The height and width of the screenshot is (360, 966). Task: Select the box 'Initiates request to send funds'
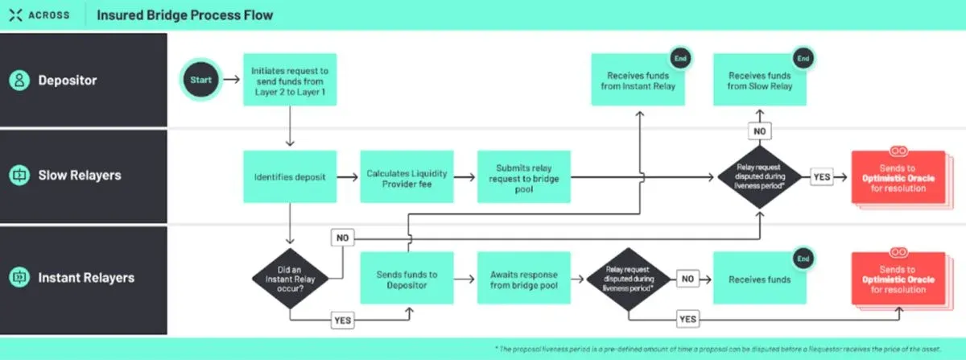tap(289, 80)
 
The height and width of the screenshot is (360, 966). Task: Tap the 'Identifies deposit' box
tap(289, 176)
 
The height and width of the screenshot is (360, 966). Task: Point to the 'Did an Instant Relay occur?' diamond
tap(289, 279)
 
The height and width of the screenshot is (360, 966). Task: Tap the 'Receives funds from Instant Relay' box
tap(638, 80)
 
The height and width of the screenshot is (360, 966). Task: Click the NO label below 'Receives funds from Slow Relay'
tap(759, 130)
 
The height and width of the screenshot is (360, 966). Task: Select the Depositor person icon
tap(18, 81)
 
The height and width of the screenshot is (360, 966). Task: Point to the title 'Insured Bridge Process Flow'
tap(184, 14)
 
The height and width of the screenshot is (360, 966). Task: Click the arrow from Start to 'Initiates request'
tap(231, 81)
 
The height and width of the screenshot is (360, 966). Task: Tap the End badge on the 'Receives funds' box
tap(803, 259)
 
